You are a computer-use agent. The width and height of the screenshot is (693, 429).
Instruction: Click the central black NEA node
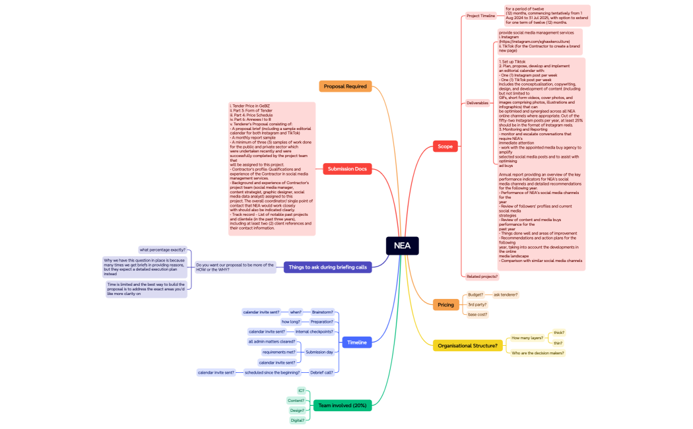402,246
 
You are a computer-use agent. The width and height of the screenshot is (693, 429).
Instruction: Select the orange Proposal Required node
345,86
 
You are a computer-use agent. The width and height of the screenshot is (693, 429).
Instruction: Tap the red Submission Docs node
347,169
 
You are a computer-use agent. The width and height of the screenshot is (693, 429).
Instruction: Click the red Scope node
445,146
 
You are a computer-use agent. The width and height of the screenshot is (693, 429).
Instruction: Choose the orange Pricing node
445,304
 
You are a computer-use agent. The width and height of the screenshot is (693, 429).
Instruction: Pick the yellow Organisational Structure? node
467,345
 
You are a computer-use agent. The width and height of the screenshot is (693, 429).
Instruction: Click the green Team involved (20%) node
342,405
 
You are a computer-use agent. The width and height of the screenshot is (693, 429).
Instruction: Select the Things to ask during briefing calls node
327,267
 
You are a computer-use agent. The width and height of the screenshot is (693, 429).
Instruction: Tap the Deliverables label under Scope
478,103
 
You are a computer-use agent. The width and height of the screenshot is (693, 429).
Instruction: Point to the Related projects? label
482,277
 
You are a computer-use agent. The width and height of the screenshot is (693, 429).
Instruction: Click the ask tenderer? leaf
506,294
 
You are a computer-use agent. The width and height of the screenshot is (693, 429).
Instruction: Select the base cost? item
477,314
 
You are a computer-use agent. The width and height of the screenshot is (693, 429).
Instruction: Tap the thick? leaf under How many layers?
559,333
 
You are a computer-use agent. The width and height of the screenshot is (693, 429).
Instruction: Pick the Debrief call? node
321,372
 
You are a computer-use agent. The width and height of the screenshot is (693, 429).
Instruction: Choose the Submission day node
319,352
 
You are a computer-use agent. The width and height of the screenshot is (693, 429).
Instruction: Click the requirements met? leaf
279,352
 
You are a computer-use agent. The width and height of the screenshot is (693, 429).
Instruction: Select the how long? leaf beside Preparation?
291,321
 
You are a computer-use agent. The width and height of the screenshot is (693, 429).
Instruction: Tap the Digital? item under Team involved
297,420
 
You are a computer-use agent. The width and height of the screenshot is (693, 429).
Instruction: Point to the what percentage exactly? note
162,249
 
